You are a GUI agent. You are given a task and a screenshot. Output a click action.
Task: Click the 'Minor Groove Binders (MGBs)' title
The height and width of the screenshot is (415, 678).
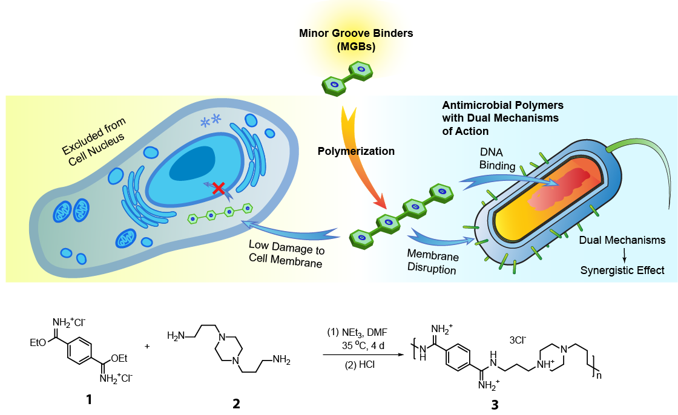click(356, 40)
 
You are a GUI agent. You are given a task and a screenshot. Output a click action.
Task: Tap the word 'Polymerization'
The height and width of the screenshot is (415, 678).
click(356, 151)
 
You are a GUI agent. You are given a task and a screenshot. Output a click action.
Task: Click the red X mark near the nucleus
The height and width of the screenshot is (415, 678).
click(218, 189)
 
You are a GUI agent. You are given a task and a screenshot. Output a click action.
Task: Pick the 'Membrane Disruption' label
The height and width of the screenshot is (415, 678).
click(432, 263)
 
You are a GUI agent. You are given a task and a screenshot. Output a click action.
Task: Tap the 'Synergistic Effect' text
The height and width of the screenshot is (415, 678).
click(622, 270)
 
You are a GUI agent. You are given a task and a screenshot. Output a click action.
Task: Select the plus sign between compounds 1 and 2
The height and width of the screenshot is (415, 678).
click(148, 347)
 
